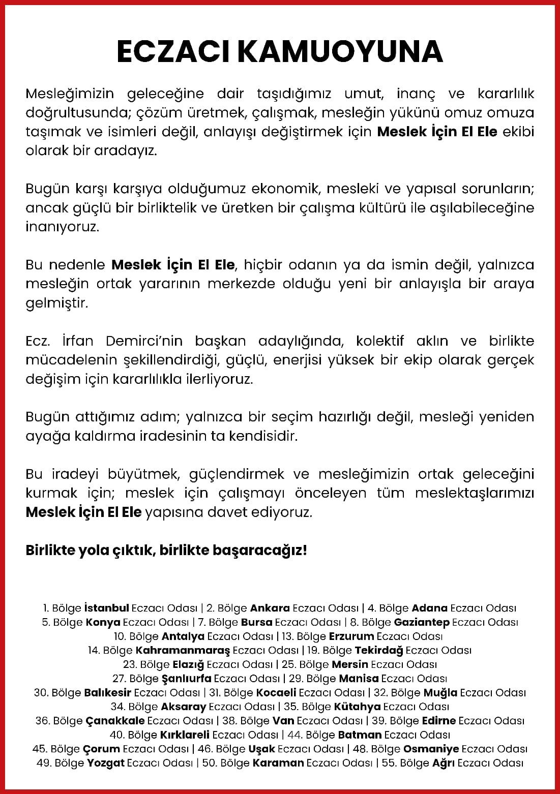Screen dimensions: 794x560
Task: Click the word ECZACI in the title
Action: point(173,52)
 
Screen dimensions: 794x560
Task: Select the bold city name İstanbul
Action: point(107,608)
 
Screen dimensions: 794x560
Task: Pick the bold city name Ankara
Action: point(270,608)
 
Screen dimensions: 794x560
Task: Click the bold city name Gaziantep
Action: point(422,622)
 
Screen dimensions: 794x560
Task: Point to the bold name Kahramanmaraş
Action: point(183,650)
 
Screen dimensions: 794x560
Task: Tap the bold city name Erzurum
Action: point(351,636)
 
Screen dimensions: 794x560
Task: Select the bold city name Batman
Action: point(360,735)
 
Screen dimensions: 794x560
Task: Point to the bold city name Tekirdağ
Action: point(379,650)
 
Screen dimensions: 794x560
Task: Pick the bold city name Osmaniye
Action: point(431,749)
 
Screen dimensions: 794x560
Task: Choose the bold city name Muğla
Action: point(440,692)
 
